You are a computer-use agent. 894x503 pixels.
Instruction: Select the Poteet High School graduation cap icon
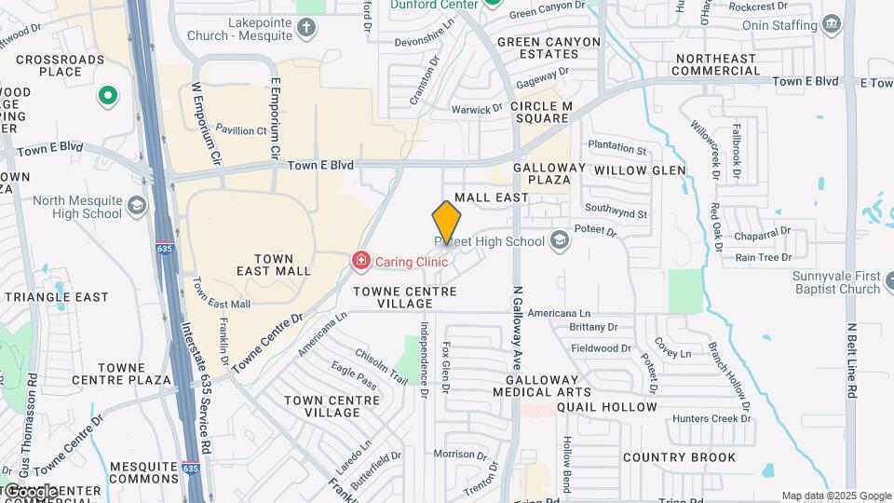click(x=559, y=241)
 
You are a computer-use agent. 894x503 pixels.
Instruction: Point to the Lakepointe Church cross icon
click(x=307, y=28)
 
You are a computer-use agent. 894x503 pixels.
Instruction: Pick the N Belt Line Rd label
click(x=851, y=361)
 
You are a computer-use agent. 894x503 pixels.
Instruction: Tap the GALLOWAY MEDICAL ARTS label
click(x=549, y=386)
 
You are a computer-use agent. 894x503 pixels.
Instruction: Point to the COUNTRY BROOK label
click(x=679, y=457)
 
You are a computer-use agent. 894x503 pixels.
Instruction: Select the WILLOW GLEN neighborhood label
click(x=639, y=170)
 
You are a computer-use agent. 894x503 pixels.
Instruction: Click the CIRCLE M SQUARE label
click(x=540, y=113)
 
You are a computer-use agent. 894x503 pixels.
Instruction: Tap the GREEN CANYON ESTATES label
click(x=545, y=48)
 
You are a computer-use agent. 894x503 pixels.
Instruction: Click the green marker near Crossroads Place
click(x=107, y=95)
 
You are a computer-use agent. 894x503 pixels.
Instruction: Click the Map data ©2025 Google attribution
click(x=836, y=496)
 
